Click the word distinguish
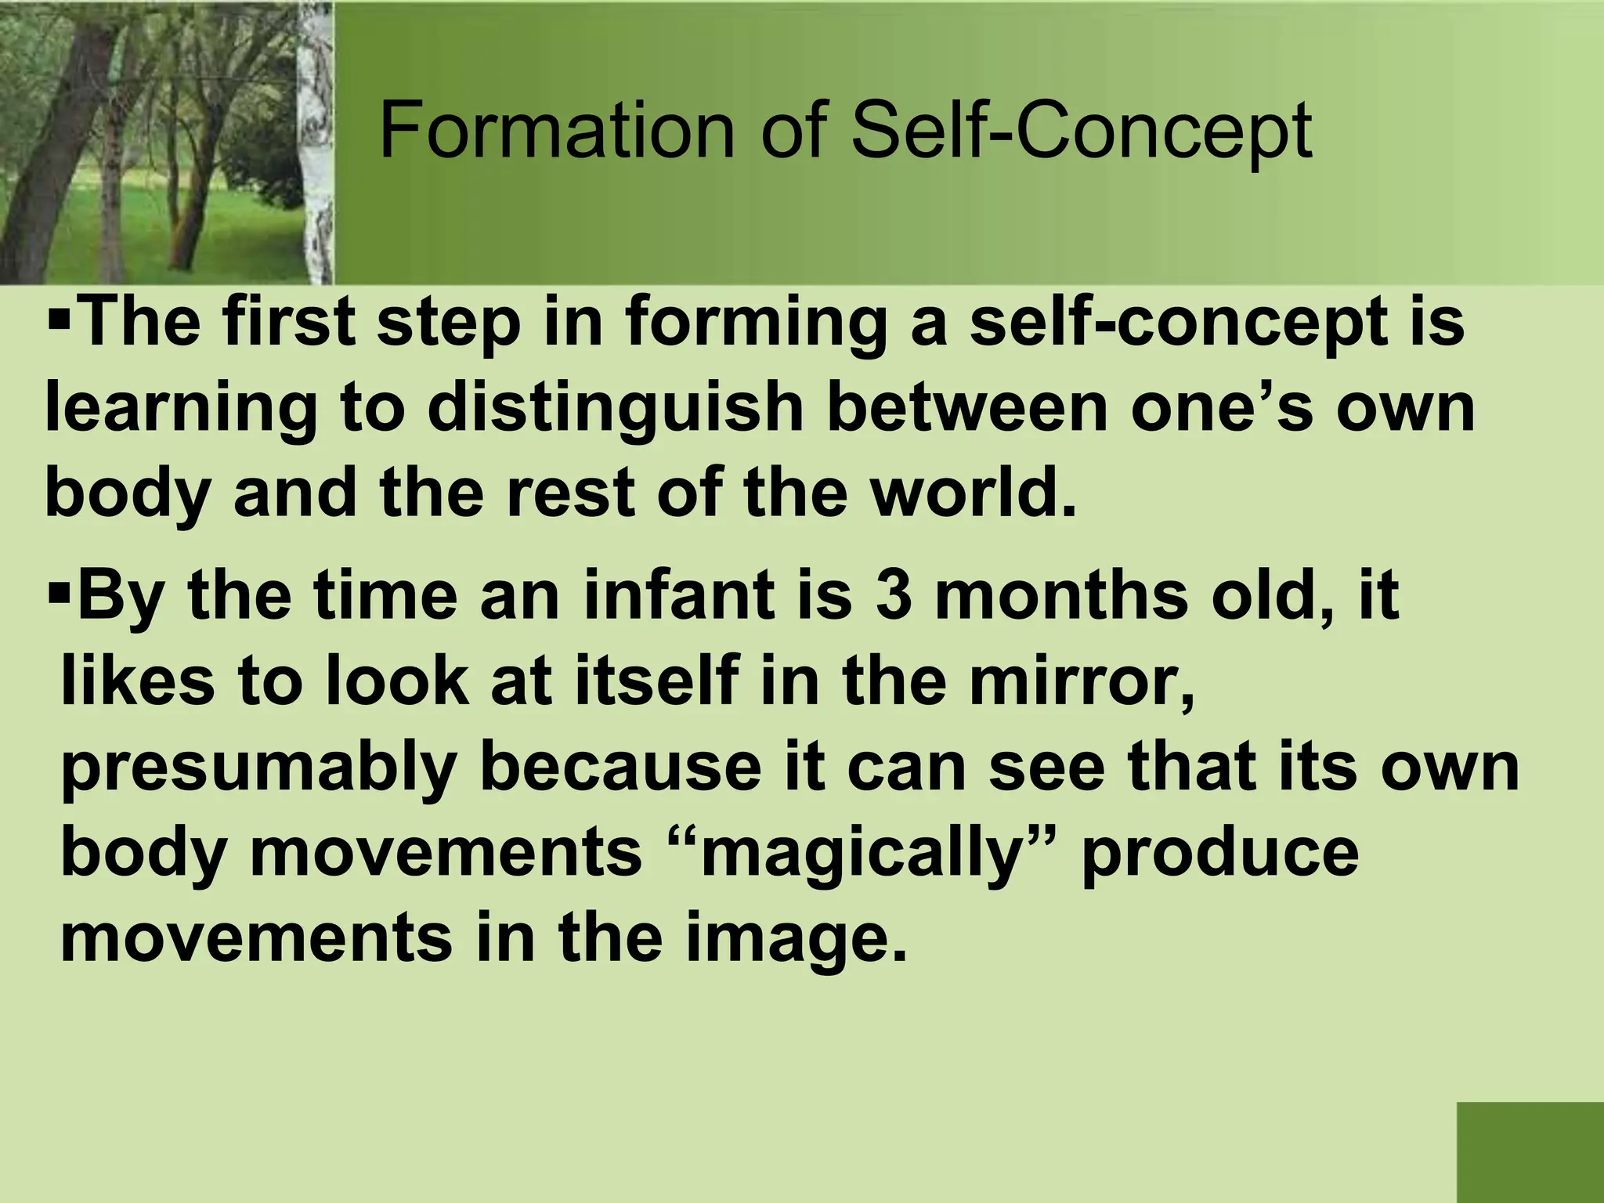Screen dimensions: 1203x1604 (616, 410)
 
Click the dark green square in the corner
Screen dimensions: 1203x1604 (1530, 1152)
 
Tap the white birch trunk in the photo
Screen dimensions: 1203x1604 (317, 141)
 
